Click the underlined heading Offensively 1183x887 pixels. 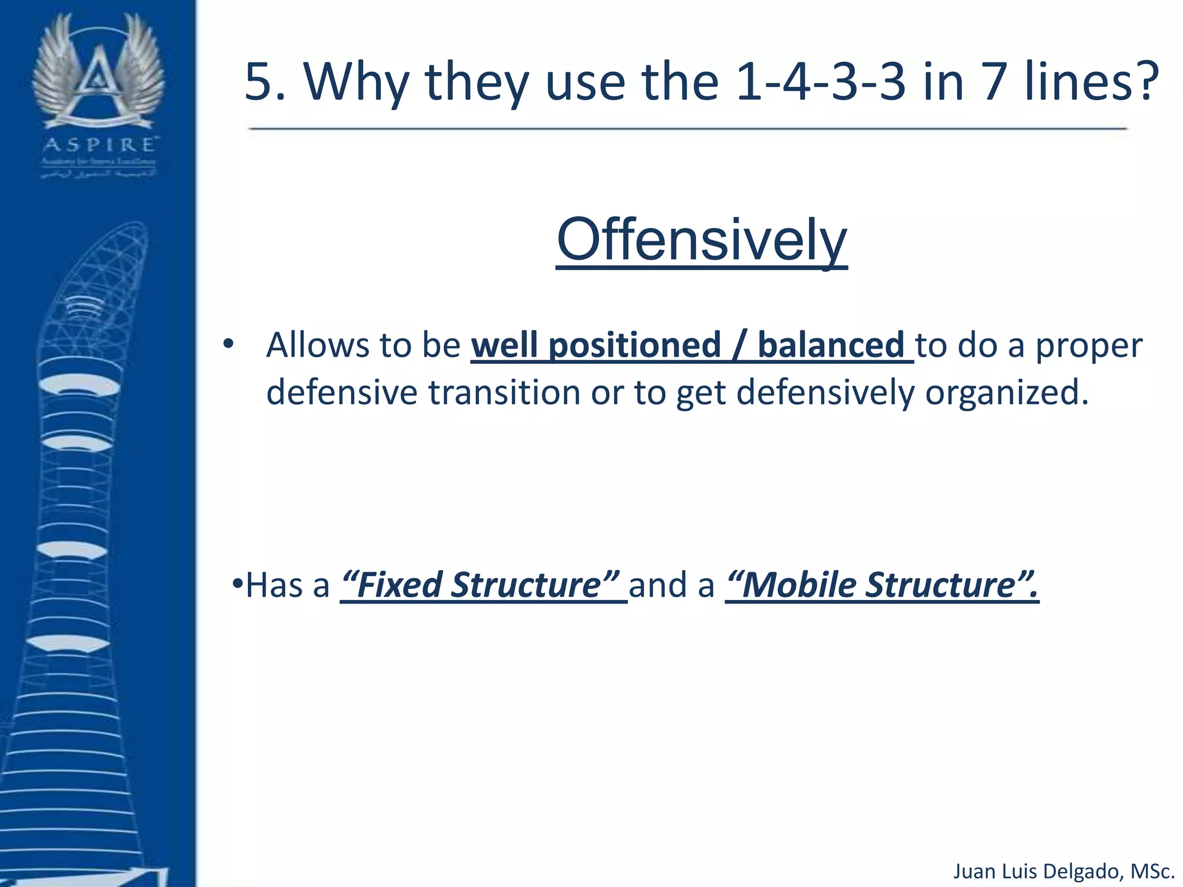pyautogui.click(x=701, y=240)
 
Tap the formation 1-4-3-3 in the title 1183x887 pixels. pyautogui.click(x=821, y=82)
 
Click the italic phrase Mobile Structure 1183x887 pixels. pyautogui.click(x=881, y=585)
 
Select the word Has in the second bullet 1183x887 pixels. pyautogui.click(x=274, y=585)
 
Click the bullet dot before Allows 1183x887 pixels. pyautogui.click(x=229, y=345)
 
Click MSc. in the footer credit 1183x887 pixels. pyautogui.click(x=1152, y=871)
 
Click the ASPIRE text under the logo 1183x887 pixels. pyautogui.click(x=99, y=144)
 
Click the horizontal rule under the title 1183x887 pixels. pyautogui.click(x=687, y=129)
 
